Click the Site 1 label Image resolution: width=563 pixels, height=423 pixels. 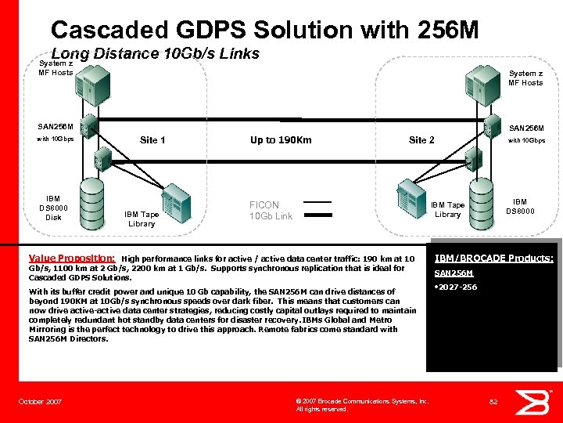point(152,140)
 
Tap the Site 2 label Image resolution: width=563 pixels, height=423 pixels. point(421,140)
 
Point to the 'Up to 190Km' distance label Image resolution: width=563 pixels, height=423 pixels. point(281,140)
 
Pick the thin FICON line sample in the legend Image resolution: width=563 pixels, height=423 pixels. point(317,202)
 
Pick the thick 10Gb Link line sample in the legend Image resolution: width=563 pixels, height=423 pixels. point(317,215)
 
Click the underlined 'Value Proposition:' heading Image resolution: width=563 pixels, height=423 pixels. point(72,257)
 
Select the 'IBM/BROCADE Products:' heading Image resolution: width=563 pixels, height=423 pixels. point(493,258)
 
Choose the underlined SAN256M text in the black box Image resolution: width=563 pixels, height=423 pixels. point(454,273)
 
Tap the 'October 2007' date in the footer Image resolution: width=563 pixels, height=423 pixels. point(40,402)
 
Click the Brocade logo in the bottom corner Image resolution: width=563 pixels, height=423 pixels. point(538,400)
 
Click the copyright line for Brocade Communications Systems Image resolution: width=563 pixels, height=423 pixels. point(361,401)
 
